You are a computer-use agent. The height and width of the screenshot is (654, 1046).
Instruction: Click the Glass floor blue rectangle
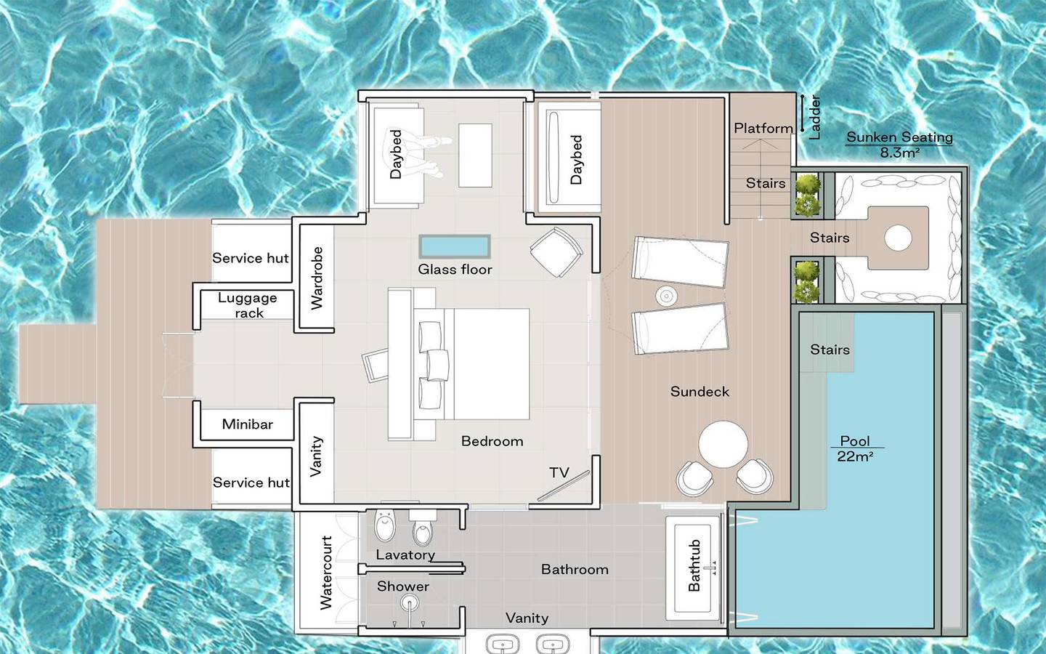pos(455,246)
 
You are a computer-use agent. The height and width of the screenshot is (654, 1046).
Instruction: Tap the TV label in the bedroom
pos(559,473)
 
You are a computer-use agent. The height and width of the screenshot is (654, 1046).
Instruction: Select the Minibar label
pos(248,424)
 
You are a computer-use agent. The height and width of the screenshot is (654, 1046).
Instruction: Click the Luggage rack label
pos(248,305)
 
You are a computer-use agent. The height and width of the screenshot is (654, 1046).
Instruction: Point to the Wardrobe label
pos(317,278)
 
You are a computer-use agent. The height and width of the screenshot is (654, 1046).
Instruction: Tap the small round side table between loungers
pos(666,296)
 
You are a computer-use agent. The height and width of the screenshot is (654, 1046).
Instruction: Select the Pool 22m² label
pos(855,448)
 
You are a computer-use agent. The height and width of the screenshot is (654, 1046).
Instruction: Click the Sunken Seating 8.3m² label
pos(899,144)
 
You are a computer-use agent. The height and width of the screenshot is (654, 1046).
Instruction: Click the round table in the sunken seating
pos(898,238)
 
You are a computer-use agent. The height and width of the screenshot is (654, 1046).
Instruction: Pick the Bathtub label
pos(694,565)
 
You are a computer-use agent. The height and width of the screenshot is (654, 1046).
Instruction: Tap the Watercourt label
pos(326,573)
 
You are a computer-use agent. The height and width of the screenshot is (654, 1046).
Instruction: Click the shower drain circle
pos(410,603)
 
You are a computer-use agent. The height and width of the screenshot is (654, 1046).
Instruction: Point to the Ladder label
pos(814,117)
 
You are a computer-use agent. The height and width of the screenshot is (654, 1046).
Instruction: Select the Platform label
pos(763,129)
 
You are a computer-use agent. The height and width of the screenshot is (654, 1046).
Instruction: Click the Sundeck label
pos(700,392)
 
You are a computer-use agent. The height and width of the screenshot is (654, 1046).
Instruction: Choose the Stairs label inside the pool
pos(830,350)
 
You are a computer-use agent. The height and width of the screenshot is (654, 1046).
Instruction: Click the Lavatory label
pos(405,555)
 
